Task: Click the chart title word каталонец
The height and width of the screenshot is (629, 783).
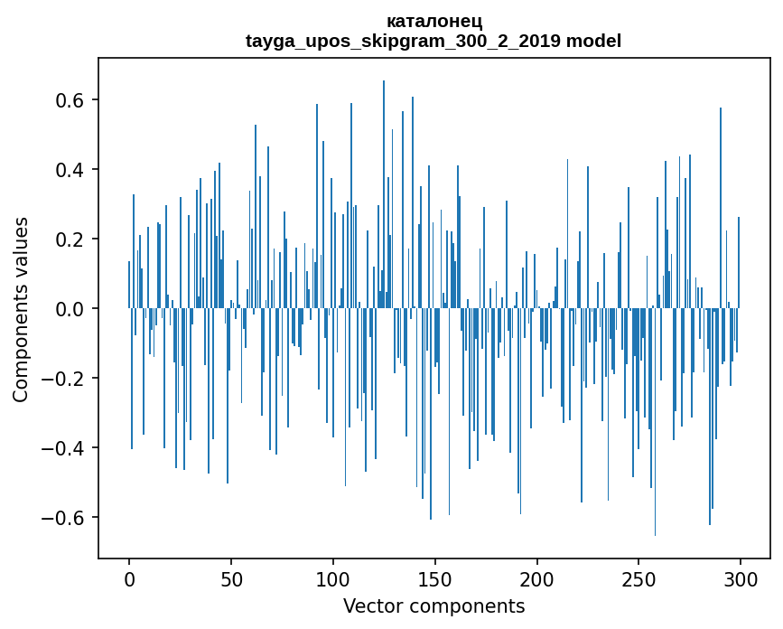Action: pyautogui.click(x=433, y=22)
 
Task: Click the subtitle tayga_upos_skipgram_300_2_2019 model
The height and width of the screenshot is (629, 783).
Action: pyautogui.click(x=433, y=41)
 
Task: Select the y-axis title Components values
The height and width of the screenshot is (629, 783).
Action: pyautogui.click(x=21, y=309)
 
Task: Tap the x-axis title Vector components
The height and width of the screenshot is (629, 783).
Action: pyautogui.click(x=433, y=606)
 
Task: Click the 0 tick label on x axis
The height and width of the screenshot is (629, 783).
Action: pyautogui.click(x=129, y=578)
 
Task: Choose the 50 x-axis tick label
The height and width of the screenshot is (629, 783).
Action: pyautogui.click(x=231, y=578)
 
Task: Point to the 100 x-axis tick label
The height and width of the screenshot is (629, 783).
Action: pyautogui.click(x=333, y=578)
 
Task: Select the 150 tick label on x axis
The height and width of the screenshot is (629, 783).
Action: pyautogui.click(x=435, y=578)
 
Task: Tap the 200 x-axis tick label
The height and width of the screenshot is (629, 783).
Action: pyautogui.click(x=537, y=578)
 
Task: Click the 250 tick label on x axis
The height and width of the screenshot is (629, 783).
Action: pyautogui.click(x=639, y=578)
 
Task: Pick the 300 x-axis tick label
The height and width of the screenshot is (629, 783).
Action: pyautogui.click(x=741, y=578)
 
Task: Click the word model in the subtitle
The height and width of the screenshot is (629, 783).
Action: pyautogui.click(x=593, y=41)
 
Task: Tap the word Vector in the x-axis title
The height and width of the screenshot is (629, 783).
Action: pyautogui.click(x=370, y=606)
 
